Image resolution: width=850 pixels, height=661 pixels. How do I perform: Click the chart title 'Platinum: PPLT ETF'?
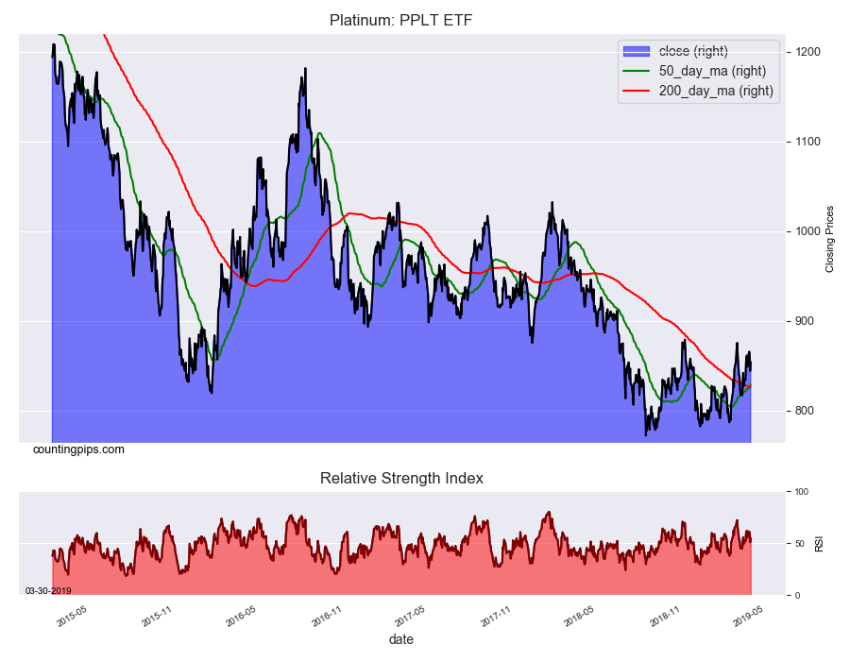coord(401,20)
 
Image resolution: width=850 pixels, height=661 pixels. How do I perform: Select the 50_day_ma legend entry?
coord(711,71)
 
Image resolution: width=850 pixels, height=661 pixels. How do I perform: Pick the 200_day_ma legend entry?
coord(715,91)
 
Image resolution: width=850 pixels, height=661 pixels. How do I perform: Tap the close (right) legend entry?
coord(692,51)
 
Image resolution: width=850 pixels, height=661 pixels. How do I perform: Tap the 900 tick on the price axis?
coord(806,321)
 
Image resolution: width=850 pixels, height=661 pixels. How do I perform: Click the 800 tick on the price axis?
coord(806,411)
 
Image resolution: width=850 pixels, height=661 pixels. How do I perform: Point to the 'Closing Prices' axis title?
coord(830,239)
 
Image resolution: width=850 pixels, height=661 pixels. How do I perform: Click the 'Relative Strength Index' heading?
coord(401,478)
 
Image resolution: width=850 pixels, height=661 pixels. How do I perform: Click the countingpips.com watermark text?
coord(78,449)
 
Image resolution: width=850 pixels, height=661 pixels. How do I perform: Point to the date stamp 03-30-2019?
coord(48,590)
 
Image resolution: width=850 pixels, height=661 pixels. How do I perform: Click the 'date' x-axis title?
coord(400,639)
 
